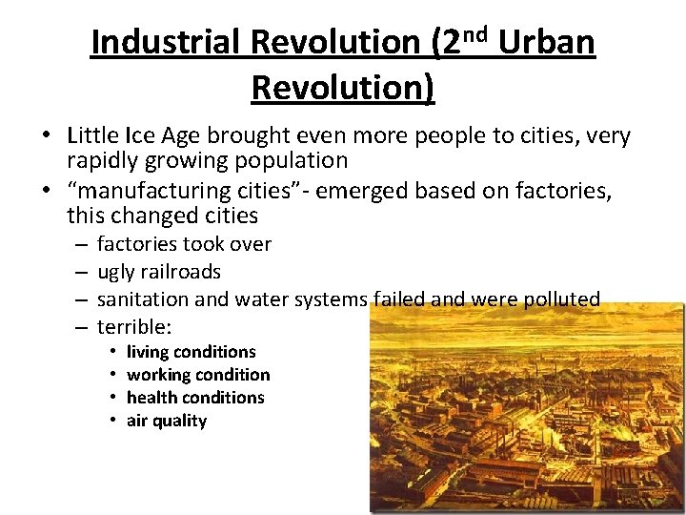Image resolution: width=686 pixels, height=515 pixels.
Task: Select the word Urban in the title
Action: (547, 43)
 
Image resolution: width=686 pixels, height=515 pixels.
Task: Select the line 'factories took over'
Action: (184, 245)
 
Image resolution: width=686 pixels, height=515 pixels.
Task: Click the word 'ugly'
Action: (116, 272)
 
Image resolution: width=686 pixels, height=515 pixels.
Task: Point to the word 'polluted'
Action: (561, 299)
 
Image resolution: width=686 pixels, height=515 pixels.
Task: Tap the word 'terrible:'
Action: (134, 327)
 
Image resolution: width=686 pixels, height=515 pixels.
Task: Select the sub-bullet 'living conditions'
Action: (191, 352)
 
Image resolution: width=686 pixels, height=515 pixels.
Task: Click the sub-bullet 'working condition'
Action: (198, 375)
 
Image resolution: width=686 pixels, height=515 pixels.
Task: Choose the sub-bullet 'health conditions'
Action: (195, 398)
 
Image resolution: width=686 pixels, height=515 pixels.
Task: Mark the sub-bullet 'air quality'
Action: (167, 421)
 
